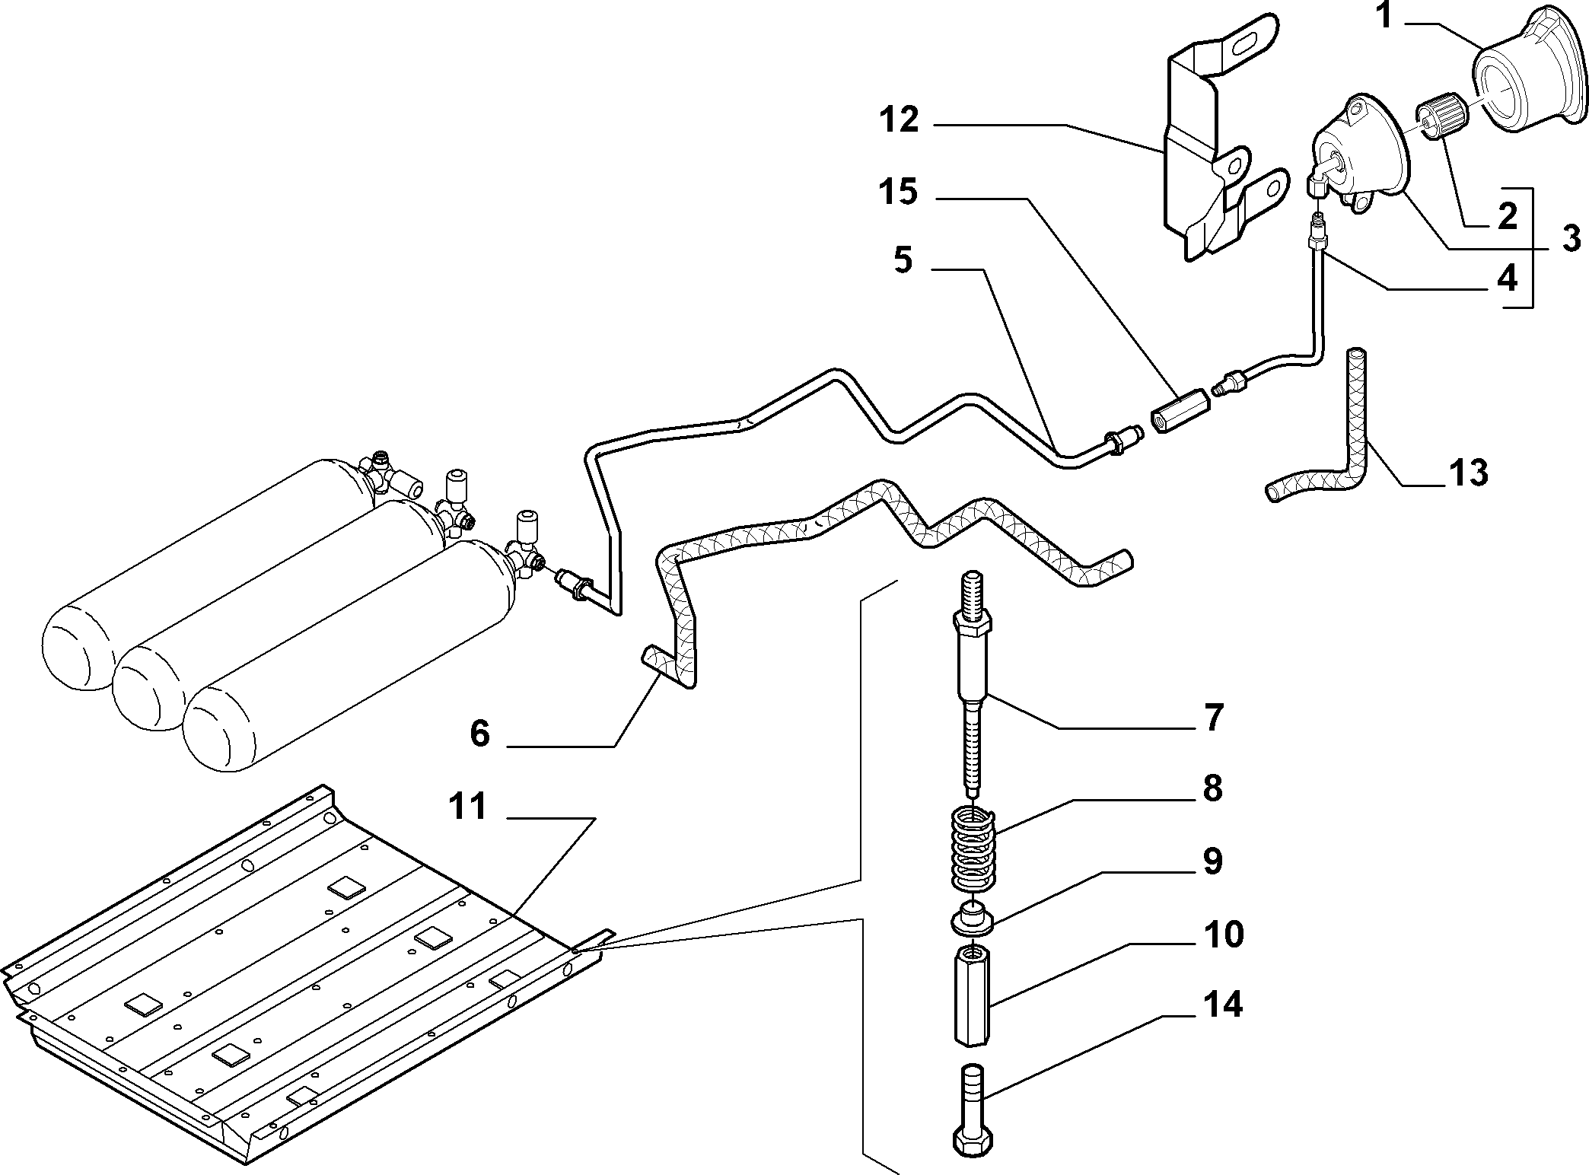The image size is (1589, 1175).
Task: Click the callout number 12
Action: click(900, 120)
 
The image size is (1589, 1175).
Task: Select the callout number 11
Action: click(467, 807)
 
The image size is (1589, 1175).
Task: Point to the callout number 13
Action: click(1468, 473)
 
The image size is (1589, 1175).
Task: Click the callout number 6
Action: click(480, 734)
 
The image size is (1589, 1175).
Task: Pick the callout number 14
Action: click(1223, 1005)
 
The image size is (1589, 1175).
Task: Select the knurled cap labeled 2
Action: click(1435, 114)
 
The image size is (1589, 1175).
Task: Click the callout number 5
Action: click(902, 261)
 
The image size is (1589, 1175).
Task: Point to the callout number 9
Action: click(1213, 862)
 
